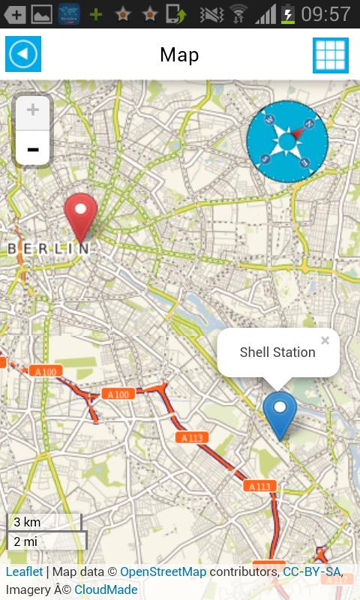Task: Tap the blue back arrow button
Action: coord(23,54)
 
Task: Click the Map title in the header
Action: coord(179,55)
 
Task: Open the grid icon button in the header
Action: coord(330,55)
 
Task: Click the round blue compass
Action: coord(287,140)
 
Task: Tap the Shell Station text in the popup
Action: coord(277,352)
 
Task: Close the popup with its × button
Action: coord(325,340)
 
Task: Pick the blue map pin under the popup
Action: coord(280,415)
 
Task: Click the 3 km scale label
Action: coord(27,522)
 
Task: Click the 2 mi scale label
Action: coord(25,541)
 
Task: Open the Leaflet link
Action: coord(24,572)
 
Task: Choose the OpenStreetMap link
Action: coord(163,572)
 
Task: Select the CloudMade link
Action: coord(106,589)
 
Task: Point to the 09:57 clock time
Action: coord(326,13)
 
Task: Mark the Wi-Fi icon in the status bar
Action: coord(238,13)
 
